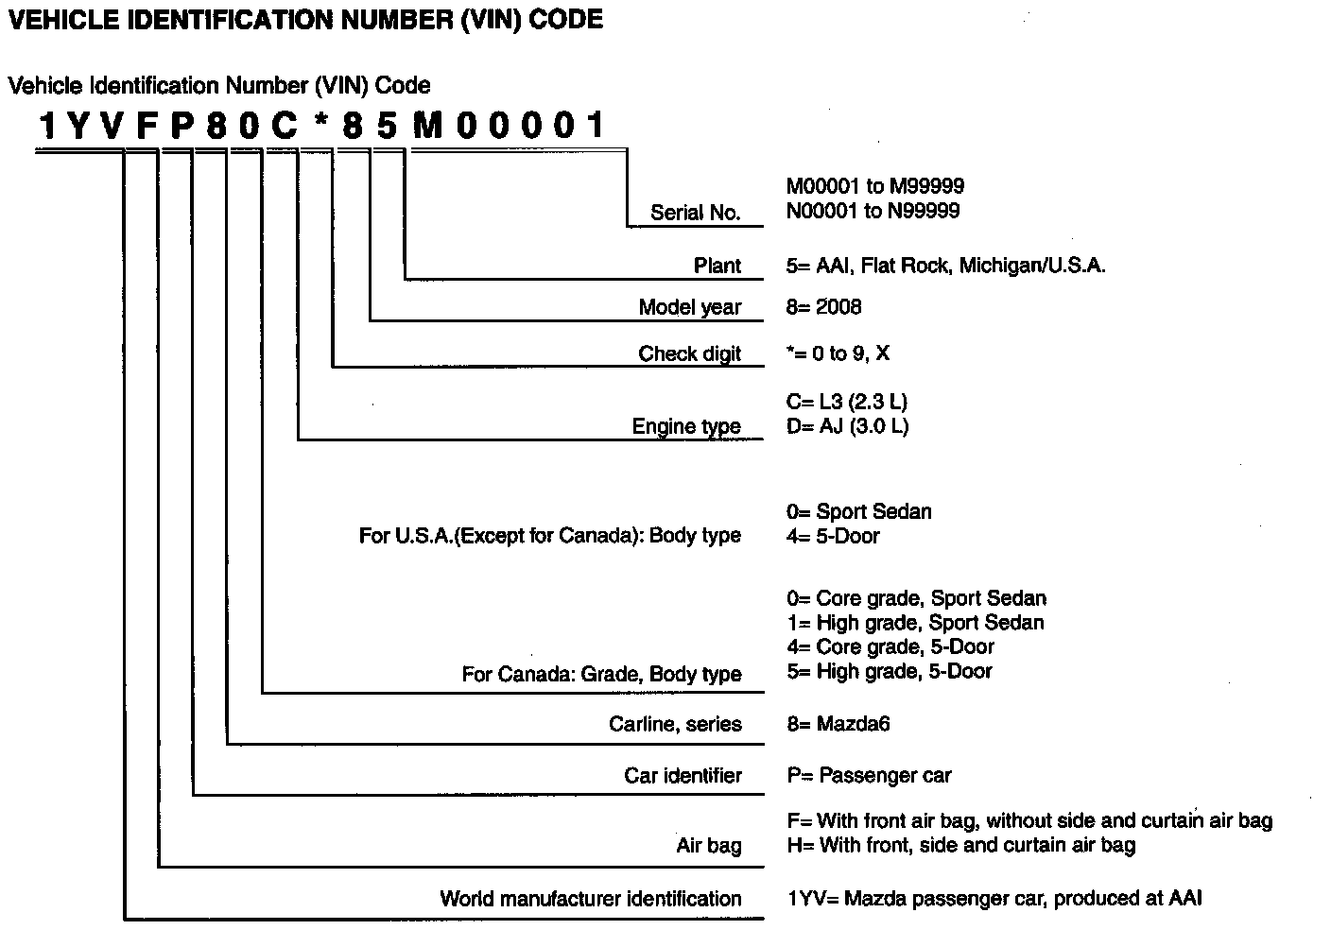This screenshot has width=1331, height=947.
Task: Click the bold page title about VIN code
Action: [x=304, y=20]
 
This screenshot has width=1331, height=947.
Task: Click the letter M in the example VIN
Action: [x=427, y=127]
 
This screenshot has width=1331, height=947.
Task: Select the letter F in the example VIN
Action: [x=146, y=127]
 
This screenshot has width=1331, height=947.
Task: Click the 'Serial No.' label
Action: [x=695, y=213]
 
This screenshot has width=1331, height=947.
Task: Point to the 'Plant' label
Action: [x=717, y=266]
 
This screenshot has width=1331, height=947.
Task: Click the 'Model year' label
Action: [x=690, y=307]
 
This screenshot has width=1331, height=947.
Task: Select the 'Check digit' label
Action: [x=689, y=353]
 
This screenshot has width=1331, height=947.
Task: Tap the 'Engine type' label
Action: [x=686, y=426]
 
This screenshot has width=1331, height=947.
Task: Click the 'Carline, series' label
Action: [x=675, y=725]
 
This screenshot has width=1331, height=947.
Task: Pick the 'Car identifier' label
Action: [x=683, y=776]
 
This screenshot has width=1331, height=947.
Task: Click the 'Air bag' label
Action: [x=709, y=846]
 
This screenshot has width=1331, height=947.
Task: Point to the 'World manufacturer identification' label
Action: [x=591, y=899]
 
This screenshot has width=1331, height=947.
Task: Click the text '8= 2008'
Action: [x=823, y=307]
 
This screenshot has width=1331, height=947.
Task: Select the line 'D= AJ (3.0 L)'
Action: [x=847, y=426]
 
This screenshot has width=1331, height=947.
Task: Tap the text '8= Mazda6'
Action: [x=838, y=725]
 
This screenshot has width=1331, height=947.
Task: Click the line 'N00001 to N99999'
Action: [x=873, y=211]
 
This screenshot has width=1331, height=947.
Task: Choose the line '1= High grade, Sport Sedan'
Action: [x=915, y=623]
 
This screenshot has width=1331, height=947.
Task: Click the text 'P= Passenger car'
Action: [x=869, y=776]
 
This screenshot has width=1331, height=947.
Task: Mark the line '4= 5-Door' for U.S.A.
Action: [x=833, y=536]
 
